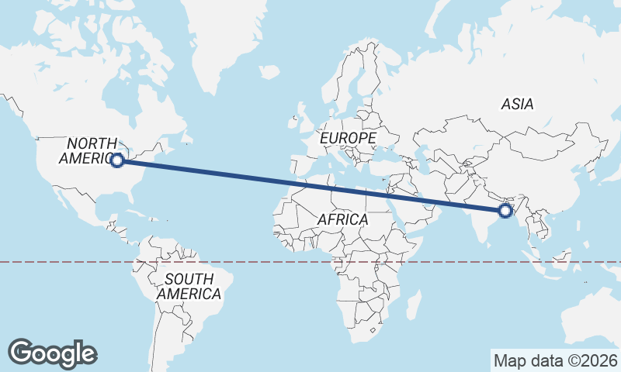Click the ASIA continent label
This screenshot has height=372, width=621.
pos(517,103)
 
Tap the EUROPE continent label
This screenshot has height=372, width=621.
pos(348,138)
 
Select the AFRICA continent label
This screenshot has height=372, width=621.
pos(342,219)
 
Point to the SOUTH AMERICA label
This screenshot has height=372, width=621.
pos(189,287)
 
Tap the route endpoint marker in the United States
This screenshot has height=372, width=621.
pos(117,160)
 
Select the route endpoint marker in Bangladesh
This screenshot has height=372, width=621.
pos(505,210)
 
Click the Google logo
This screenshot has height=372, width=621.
pos(53,353)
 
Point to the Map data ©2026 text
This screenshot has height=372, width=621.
pos(556,360)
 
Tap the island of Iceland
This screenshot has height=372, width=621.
pos(269,71)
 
